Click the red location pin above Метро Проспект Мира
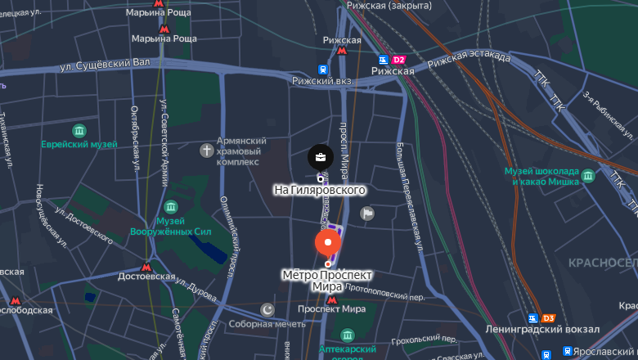(x=328, y=243)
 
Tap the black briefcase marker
(x=320, y=157)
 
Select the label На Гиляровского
(x=319, y=190)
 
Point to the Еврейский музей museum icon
(x=79, y=131)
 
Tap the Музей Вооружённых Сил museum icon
(x=171, y=206)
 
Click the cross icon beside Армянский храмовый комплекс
(x=207, y=151)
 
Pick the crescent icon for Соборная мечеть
(x=267, y=309)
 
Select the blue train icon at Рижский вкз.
(x=323, y=70)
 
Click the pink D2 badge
(x=399, y=60)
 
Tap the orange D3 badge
(x=549, y=318)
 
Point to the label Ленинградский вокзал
(x=555, y=329)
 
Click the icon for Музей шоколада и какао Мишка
(x=587, y=175)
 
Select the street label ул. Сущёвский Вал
(x=106, y=64)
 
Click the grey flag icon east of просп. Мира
(x=368, y=214)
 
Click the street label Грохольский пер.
(x=424, y=338)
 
